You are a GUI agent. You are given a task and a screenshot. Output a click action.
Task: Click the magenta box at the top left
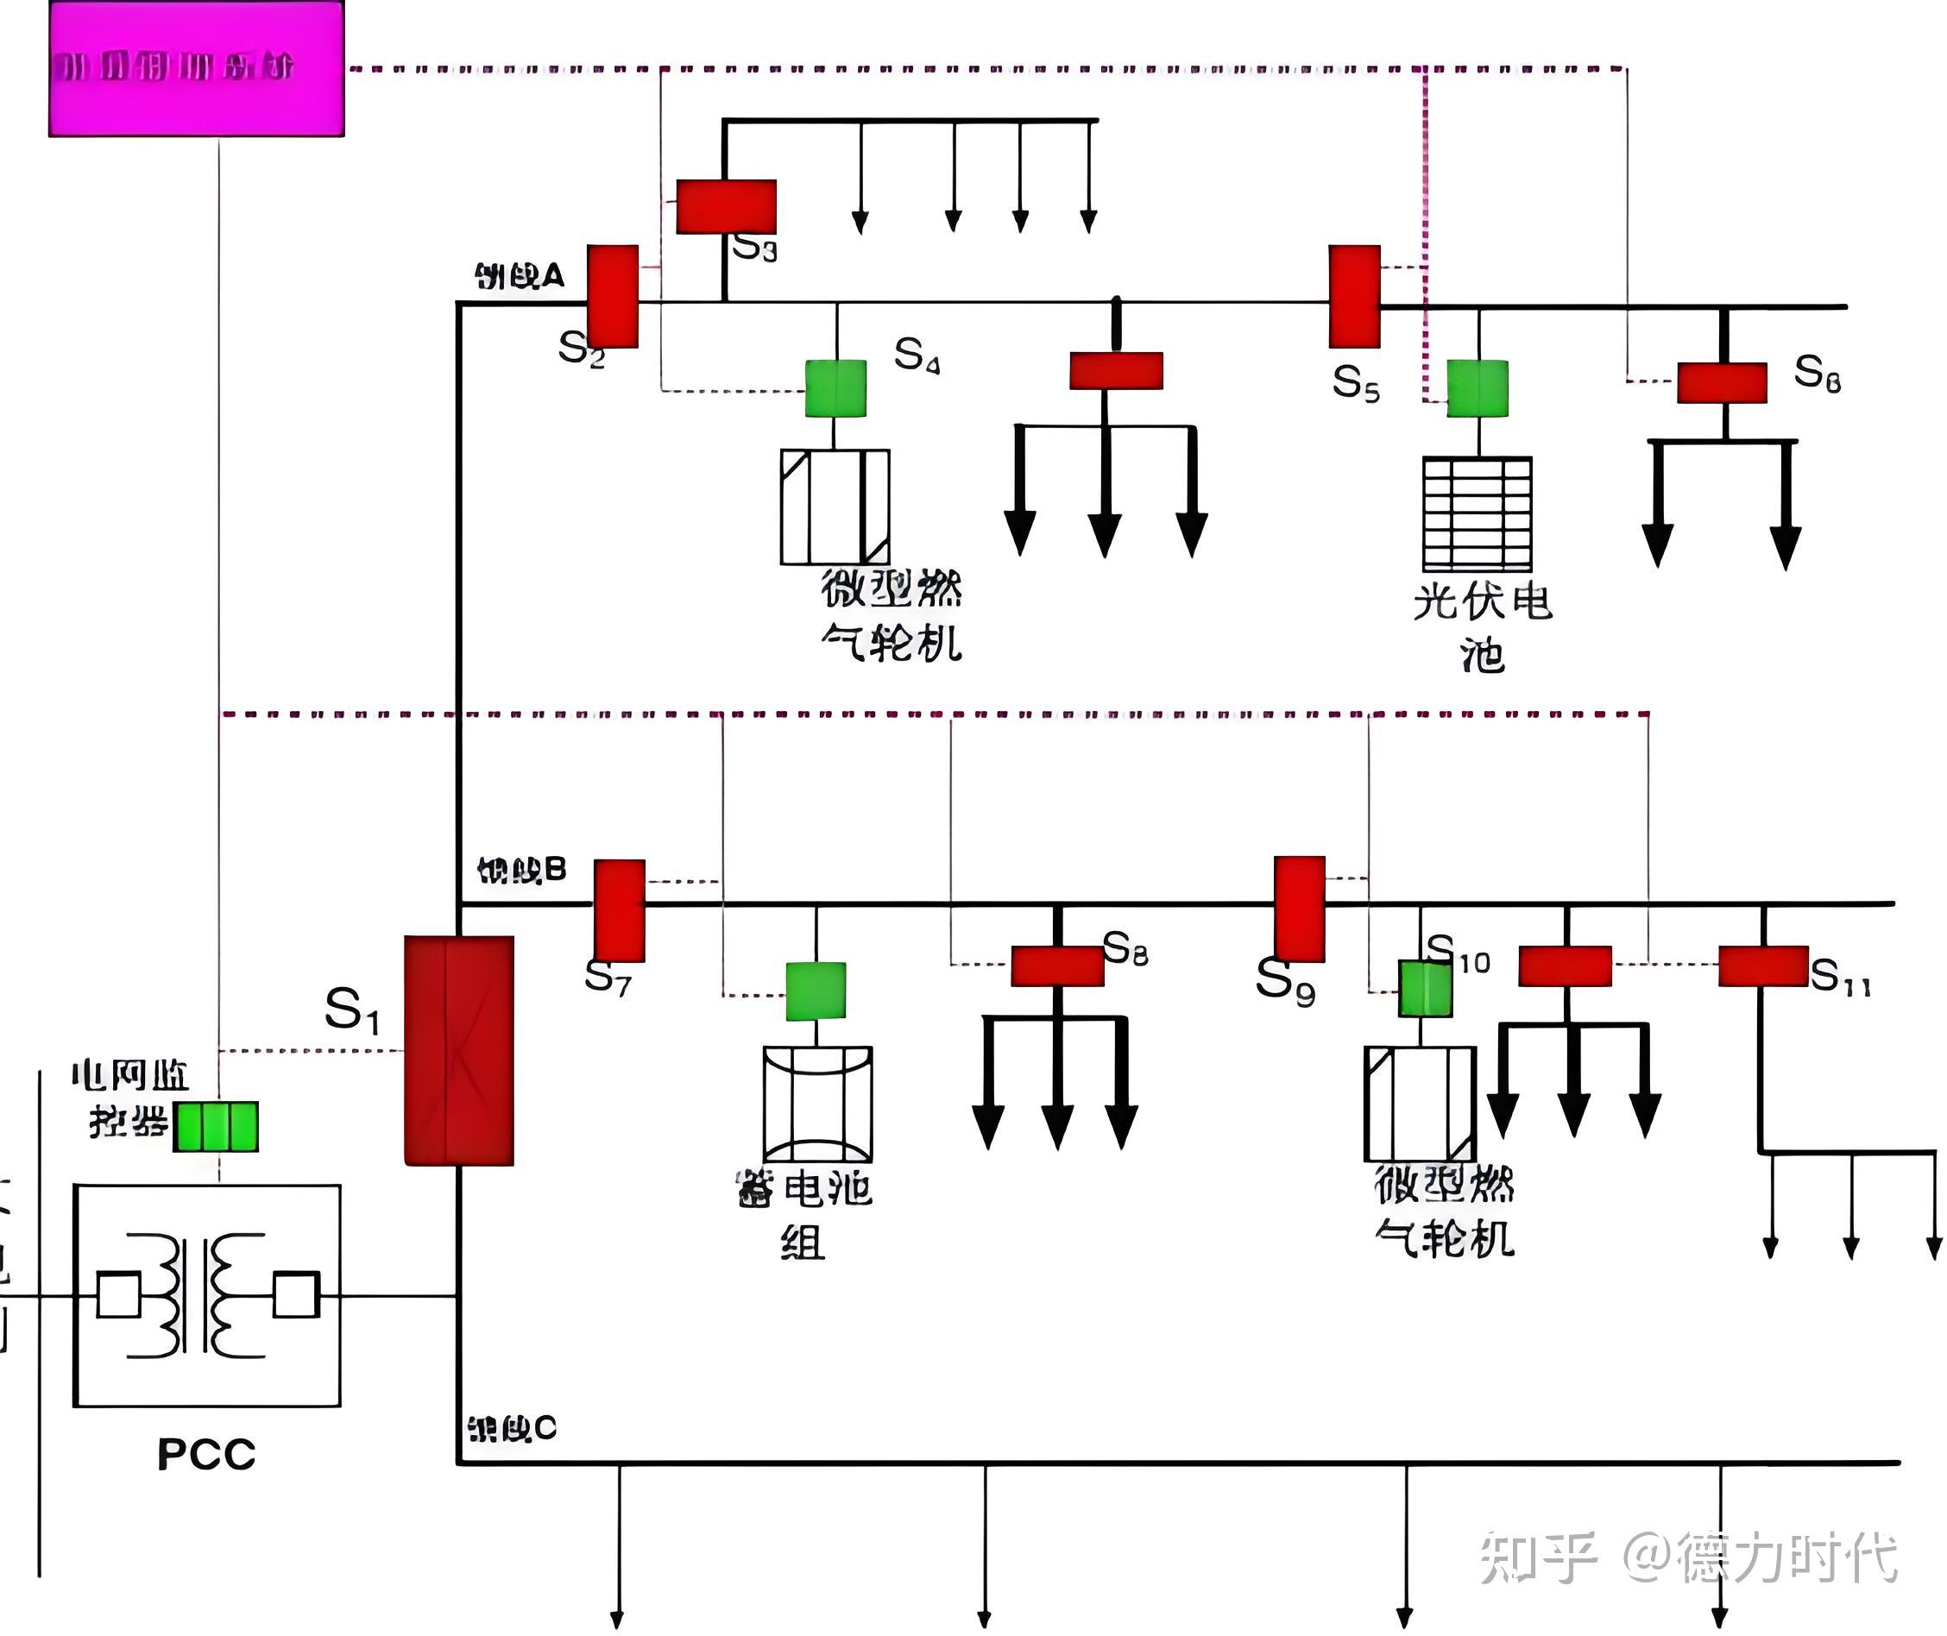pyautogui.click(x=196, y=69)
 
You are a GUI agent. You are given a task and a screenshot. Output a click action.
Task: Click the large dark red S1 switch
pyautogui.click(x=458, y=1051)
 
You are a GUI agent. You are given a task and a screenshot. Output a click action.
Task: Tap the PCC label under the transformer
pyautogui.click(x=206, y=1455)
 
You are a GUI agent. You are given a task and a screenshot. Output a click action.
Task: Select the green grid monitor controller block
pyautogui.click(x=216, y=1127)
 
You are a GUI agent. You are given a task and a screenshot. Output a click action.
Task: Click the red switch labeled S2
pyautogui.click(x=612, y=296)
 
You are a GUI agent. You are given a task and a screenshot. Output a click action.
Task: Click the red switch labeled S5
pyautogui.click(x=1353, y=296)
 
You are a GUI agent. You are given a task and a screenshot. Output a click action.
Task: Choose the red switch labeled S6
pyautogui.click(x=1721, y=382)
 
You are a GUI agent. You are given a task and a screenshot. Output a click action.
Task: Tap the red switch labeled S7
pyautogui.click(x=619, y=909)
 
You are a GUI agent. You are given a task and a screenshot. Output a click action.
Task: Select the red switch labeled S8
pyautogui.click(x=1056, y=966)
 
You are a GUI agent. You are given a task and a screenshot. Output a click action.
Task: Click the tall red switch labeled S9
pyautogui.click(x=1299, y=908)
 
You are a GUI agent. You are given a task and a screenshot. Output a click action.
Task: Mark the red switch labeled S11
pyautogui.click(x=1762, y=966)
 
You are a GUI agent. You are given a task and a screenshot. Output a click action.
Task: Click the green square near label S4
pyautogui.click(x=835, y=388)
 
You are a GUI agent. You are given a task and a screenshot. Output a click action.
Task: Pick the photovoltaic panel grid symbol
pyautogui.click(x=1477, y=513)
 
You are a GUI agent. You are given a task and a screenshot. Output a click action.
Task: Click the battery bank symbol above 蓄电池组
pyautogui.click(x=817, y=1104)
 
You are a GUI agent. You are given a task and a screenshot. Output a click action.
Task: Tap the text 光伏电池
pyautogui.click(x=1481, y=627)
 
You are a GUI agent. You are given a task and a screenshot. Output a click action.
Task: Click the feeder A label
pyautogui.click(x=519, y=275)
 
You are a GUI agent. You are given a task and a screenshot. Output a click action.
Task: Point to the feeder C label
pyautogui.click(x=511, y=1429)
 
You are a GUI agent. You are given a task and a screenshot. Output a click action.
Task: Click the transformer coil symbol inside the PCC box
pyautogui.click(x=207, y=1296)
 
